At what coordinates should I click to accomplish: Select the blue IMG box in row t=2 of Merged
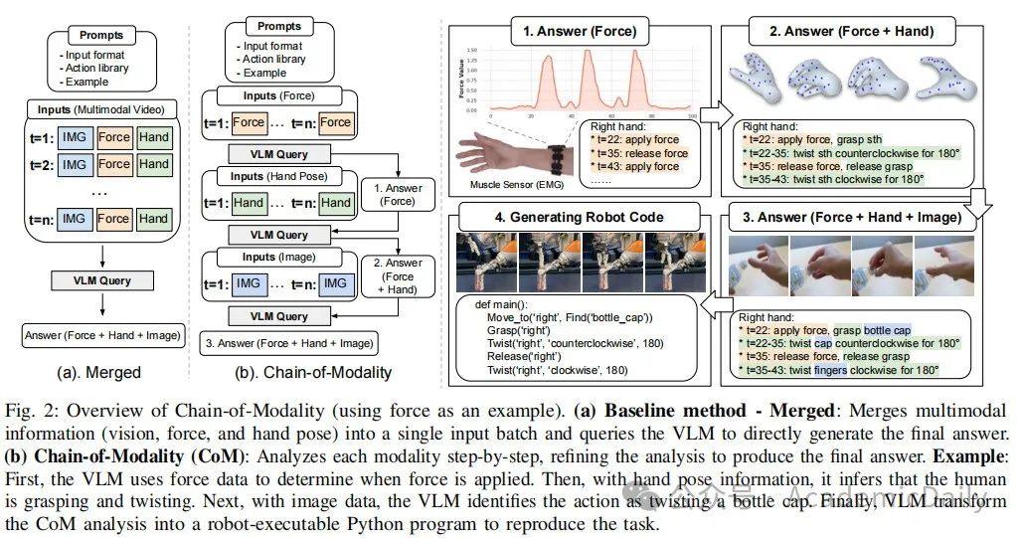(73, 164)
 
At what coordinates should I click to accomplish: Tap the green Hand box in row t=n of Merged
(154, 218)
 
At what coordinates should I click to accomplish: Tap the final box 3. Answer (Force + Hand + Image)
(288, 343)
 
